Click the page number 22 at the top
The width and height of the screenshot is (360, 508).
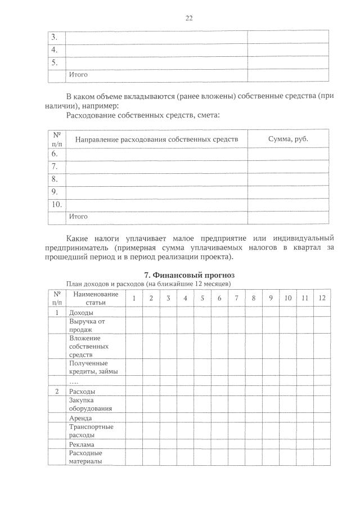189,18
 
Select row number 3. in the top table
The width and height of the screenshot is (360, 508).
55,37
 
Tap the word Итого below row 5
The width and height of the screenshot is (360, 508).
78,74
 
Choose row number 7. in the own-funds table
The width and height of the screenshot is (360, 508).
55,167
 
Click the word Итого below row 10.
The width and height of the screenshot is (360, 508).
78,216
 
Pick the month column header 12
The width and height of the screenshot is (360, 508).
321,298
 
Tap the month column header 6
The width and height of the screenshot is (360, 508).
219,298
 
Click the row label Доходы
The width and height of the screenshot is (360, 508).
81,312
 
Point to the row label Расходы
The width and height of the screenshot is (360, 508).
82,391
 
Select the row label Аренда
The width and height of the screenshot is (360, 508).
80,419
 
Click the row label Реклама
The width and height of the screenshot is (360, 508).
82,444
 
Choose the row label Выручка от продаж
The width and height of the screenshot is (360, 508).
87,325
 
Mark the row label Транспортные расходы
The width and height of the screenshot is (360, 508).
91,431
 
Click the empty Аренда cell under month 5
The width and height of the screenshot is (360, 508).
202,419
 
